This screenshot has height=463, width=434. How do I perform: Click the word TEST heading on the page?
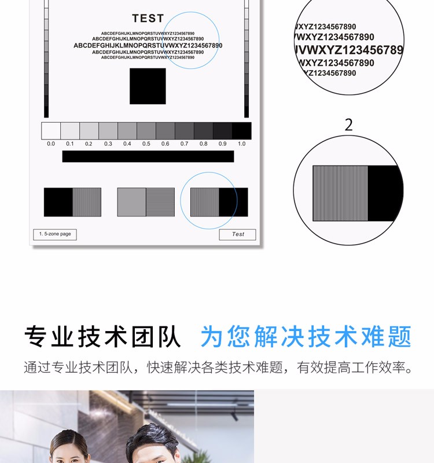tap(148, 19)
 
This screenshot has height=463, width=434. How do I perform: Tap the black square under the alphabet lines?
tap(148, 86)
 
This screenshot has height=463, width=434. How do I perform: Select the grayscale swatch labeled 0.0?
tap(51, 131)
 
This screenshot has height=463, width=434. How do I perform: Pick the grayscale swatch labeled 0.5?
tap(146, 131)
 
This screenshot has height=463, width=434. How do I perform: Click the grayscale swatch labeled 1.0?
tap(241, 131)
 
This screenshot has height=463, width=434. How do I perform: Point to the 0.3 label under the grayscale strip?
tap(108, 144)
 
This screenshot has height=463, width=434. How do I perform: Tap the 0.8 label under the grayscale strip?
tap(204, 144)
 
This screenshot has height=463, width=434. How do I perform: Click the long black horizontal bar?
tap(148, 156)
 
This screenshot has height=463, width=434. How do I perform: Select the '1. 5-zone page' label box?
tap(55, 234)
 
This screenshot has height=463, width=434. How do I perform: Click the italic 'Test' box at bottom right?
tap(237, 234)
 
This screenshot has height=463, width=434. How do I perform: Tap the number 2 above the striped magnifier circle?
tap(349, 125)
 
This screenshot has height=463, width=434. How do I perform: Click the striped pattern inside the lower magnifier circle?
tap(340, 193)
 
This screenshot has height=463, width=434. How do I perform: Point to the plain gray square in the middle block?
tap(132, 202)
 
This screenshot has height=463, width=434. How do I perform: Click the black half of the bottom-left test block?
tap(58, 202)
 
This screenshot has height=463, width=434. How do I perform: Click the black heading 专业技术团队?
tap(102, 337)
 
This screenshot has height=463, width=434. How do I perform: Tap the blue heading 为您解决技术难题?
tap(306, 337)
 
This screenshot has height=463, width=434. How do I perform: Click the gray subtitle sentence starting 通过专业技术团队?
tap(218, 368)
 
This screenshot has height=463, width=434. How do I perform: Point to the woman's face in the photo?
tap(68, 451)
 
